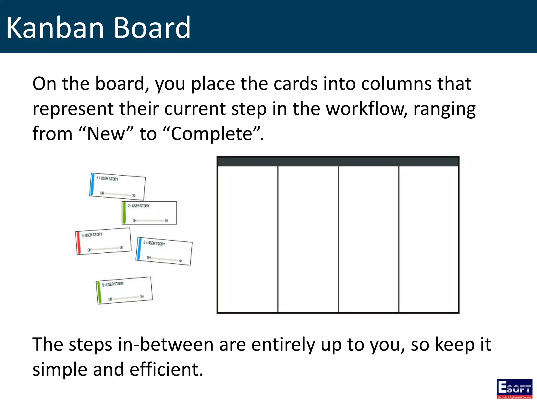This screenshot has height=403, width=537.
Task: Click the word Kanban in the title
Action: coord(55,28)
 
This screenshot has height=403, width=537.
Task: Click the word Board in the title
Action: coord(152,28)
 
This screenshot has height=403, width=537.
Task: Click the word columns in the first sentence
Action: coord(396,84)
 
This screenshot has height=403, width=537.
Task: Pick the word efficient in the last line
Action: coord(166,369)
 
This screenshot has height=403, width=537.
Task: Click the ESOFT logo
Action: coord(514,388)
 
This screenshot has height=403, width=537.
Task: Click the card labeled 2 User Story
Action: coord(149,213)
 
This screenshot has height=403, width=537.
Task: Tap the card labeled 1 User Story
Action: coord(103,241)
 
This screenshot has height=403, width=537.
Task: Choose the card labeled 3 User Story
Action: coord(164,251)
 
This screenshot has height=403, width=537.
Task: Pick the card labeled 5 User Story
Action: coord(124,290)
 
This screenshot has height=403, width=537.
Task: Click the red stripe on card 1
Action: coord(78,243)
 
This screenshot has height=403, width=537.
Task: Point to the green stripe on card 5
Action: coord(99,293)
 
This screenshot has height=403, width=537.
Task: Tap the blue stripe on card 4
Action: coord(92,184)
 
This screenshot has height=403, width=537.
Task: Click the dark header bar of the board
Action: coord(338,161)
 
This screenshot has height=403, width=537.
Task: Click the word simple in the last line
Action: coord(60,369)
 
